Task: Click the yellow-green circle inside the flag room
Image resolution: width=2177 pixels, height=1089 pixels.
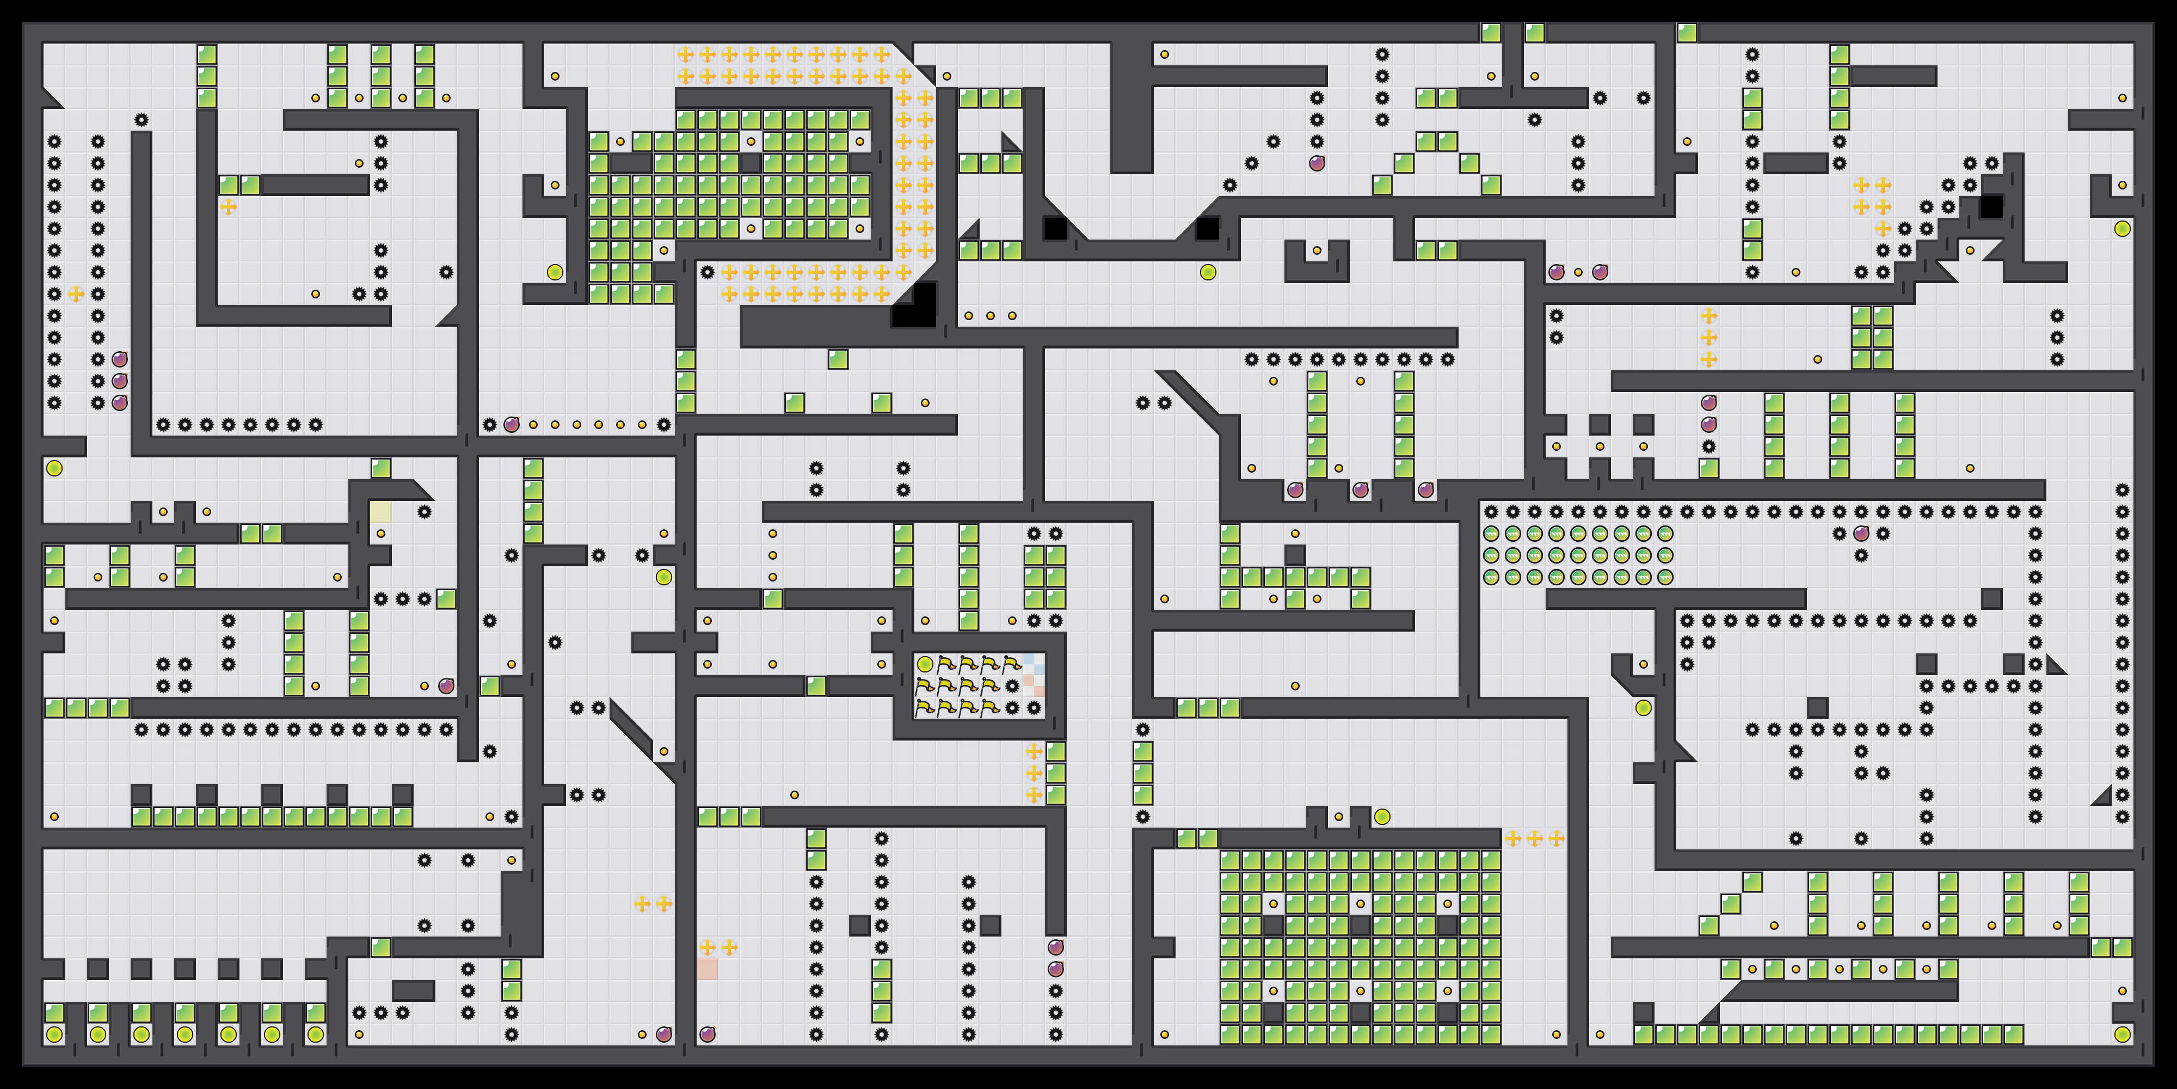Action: (925, 664)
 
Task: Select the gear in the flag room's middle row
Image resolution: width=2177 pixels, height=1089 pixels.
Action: (1012, 686)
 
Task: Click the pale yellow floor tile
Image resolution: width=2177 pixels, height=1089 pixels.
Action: (380, 511)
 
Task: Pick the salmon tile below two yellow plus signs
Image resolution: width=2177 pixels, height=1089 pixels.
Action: (708, 969)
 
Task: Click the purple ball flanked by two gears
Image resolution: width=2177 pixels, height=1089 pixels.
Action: (1861, 534)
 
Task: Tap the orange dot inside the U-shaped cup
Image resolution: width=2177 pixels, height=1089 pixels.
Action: (1317, 250)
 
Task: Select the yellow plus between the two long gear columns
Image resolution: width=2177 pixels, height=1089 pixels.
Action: (76, 293)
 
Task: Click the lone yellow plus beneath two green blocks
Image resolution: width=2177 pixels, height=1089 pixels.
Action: (228, 206)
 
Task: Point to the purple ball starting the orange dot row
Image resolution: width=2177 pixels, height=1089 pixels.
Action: (511, 425)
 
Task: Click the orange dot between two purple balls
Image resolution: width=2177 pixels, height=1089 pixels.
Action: (1578, 272)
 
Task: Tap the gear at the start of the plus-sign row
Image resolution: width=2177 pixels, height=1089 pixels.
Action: (708, 272)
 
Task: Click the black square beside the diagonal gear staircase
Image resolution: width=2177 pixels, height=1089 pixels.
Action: (1991, 206)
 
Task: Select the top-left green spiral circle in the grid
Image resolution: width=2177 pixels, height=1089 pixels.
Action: (1491, 534)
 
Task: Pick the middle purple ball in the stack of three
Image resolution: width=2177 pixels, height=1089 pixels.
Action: (120, 381)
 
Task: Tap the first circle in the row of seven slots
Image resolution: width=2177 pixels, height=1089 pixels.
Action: (54, 1034)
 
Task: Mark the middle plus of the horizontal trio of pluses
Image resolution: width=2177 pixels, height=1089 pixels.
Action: (1535, 838)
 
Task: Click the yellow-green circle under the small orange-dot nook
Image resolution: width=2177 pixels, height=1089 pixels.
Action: (1643, 708)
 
